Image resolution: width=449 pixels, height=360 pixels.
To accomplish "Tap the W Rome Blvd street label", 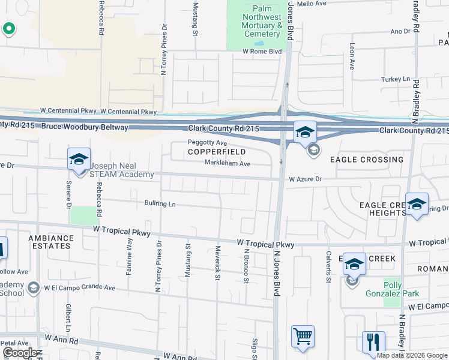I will (262, 52).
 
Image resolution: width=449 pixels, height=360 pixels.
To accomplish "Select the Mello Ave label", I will (312, 4).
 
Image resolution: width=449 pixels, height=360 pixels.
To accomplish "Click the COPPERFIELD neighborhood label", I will (217, 152).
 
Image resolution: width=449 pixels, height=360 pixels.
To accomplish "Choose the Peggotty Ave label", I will (207, 143).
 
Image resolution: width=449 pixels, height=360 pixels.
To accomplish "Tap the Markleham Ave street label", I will (228, 163).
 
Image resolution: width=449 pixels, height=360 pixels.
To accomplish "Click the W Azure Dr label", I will (305, 179).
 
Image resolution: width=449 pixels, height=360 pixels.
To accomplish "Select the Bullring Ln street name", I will (160, 204).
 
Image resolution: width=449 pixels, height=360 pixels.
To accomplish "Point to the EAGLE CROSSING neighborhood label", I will (367, 160).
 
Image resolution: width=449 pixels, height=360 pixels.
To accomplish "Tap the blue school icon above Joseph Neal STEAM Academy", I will (79, 159).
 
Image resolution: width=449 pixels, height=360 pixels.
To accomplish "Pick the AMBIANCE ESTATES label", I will (51, 242).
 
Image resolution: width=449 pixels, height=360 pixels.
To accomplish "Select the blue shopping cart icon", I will (303, 337).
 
